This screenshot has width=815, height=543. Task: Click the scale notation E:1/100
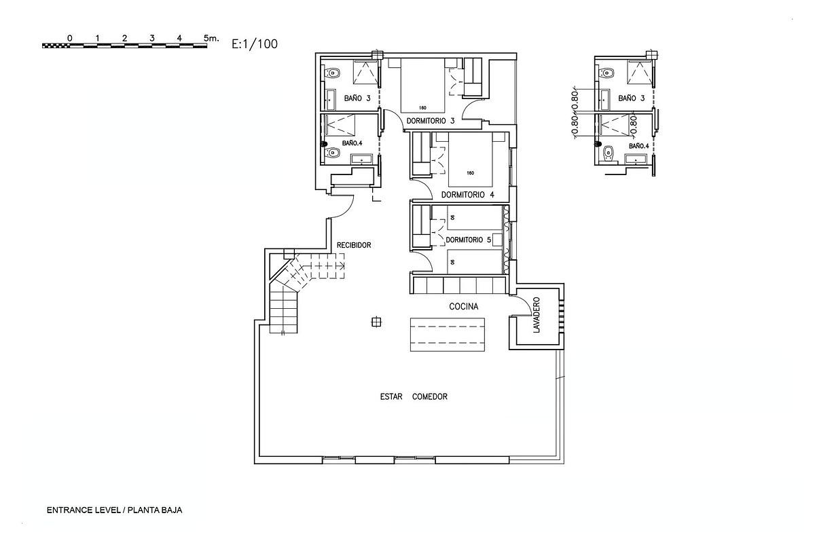pyautogui.click(x=255, y=44)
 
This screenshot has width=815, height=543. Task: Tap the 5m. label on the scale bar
pyautogui.click(x=211, y=39)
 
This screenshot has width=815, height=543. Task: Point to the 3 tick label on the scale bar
pyautogui.click(x=151, y=39)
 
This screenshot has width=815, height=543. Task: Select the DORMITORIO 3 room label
pyautogui.click(x=431, y=121)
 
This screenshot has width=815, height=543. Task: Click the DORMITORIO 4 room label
pyautogui.click(x=468, y=195)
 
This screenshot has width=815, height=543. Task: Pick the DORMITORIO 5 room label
pyautogui.click(x=469, y=240)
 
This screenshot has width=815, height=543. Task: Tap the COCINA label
pyautogui.click(x=464, y=307)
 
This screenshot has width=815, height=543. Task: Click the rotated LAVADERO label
pyautogui.click(x=537, y=316)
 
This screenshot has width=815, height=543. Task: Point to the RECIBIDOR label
pyautogui.click(x=354, y=245)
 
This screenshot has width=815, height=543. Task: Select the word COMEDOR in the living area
pyautogui.click(x=430, y=397)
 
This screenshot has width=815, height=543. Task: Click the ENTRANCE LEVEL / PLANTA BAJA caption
pyautogui.click(x=115, y=510)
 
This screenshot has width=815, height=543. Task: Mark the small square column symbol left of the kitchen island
pyautogui.click(x=376, y=322)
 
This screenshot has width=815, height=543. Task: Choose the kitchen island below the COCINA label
pyautogui.click(x=447, y=335)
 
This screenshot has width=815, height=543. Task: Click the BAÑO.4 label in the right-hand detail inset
pyautogui.click(x=639, y=146)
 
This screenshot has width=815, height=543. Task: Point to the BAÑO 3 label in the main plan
pyautogui.click(x=357, y=98)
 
